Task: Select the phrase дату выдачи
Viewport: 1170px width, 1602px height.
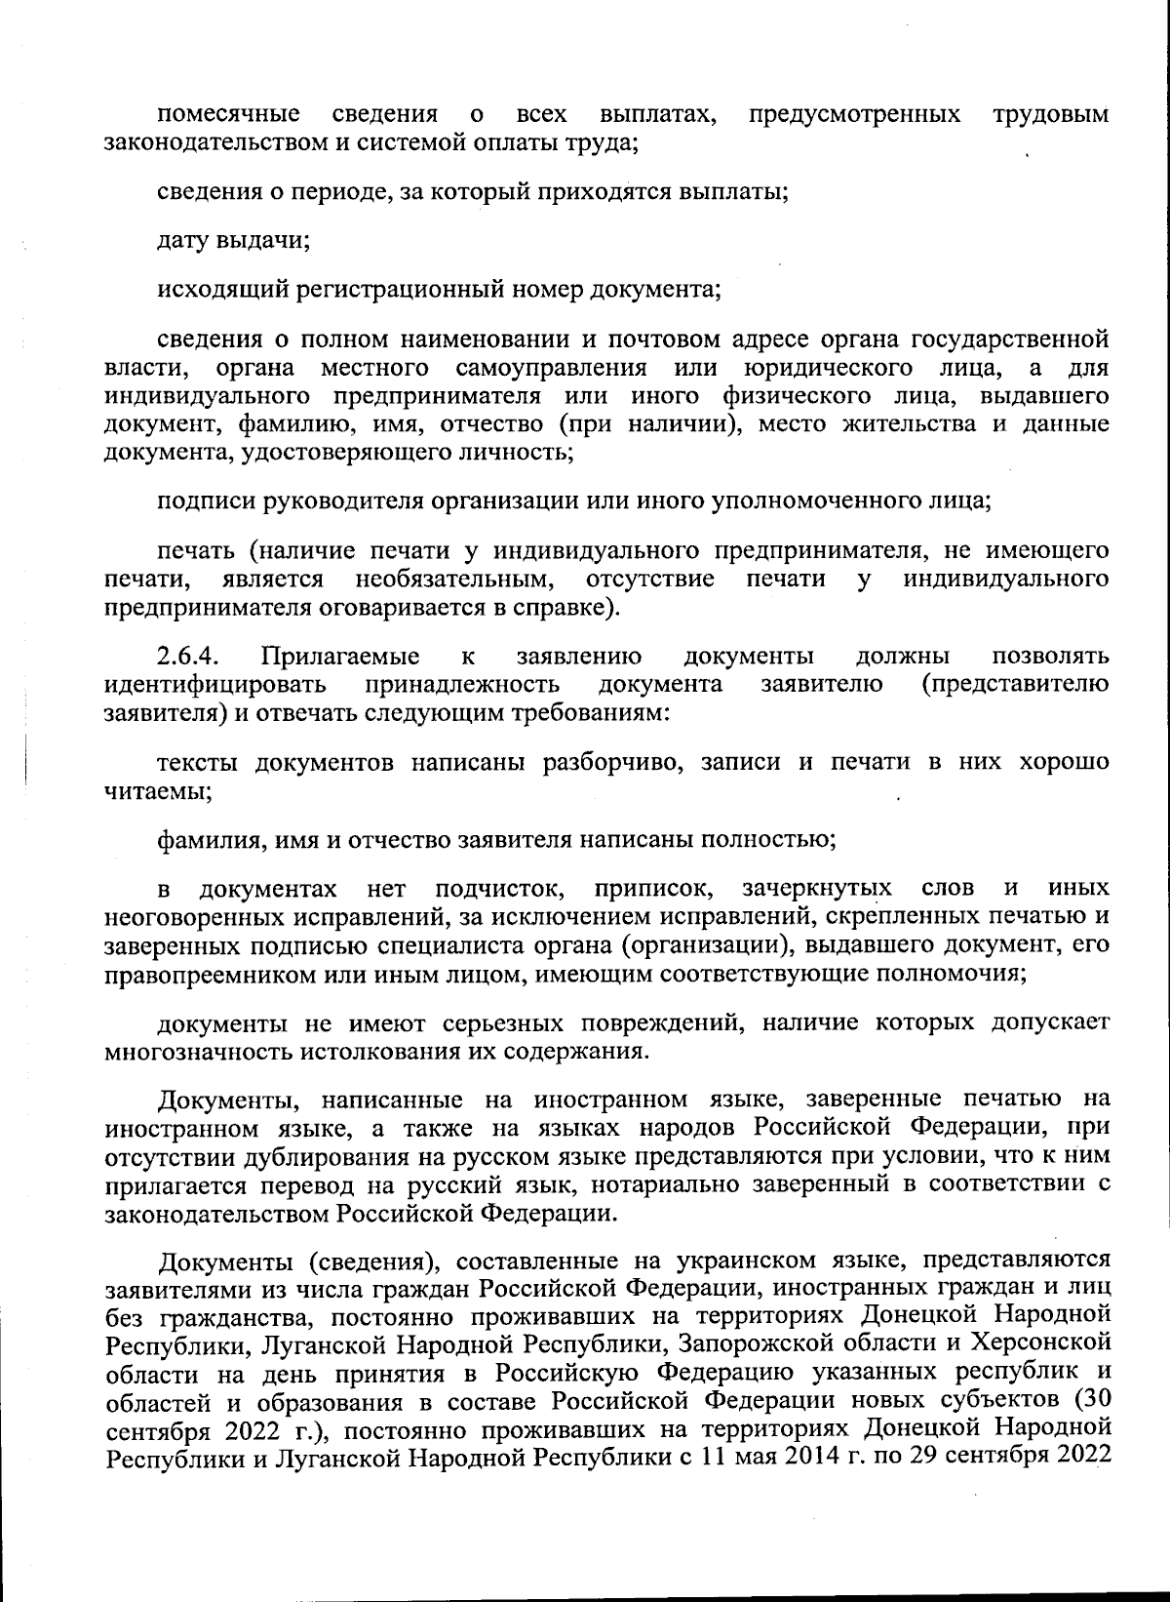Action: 234,240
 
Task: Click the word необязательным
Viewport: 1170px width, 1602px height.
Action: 456,580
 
